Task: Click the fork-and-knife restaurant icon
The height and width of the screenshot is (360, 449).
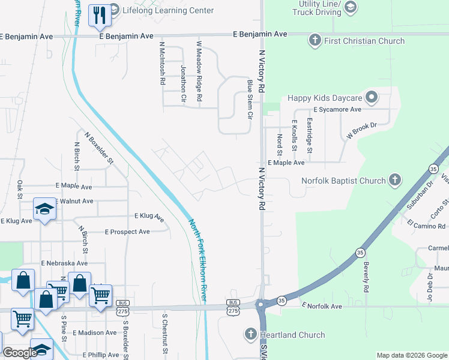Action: click(x=98, y=15)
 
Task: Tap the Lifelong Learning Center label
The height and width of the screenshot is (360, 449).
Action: click(x=168, y=10)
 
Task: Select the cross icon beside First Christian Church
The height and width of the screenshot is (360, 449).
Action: click(x=314, y=41)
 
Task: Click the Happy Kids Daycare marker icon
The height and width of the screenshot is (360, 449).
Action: click(x=372, y=97)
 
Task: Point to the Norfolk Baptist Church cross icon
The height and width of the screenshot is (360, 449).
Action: click(x=394, y=180)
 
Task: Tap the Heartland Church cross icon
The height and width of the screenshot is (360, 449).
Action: click(x=251, y=333)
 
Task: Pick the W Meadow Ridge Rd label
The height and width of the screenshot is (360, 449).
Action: click(x=199, y=71)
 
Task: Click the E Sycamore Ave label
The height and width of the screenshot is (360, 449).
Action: click(x=337, y=110)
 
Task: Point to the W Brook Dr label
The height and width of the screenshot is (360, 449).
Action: click(x=361, y=131)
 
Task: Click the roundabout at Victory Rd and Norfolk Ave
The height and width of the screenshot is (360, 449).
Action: click(x=262, y=305)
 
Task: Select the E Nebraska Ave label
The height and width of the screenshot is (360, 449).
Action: click(x=64, y=263)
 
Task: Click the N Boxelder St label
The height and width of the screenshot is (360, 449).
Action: click(x=99, y=148)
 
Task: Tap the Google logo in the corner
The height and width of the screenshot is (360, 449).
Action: click(x=19, y=353)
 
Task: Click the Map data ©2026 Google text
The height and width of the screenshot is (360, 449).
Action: click(x=411, y=355)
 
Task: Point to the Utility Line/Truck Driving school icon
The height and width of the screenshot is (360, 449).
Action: click(x=351, y=7)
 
